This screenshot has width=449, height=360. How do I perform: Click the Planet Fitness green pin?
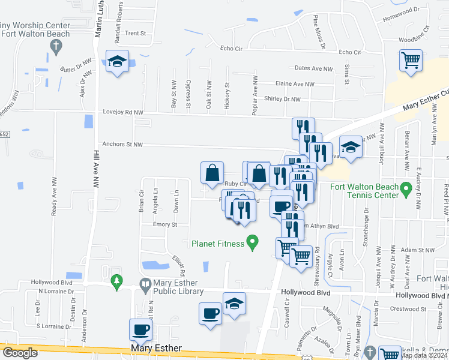pyautogui.click(x=253, y=243)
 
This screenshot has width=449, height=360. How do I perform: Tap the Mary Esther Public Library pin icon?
pyautogui.click(x=145, y=283)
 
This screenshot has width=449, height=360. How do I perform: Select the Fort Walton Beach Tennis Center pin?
pyautogui.click(x=406, y=190)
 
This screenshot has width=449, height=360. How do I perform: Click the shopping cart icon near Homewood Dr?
pyautogui.click(x=411, y=60)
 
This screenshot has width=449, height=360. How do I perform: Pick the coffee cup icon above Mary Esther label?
pyautogui.click(x=141, y=329)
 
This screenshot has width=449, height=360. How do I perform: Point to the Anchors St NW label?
pyautogui.click(x=122, y=144)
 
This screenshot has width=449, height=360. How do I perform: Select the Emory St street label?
pyautogui.click(x=165, y=225)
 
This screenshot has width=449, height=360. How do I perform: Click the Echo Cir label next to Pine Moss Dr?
pyautogui.click(x=349, y=53)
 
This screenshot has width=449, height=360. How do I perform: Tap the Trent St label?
pyautogui.click(x=136, y=34)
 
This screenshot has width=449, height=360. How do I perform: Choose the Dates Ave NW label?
pyautogui.click(x=313, y=69)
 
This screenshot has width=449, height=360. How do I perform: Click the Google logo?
pyautogui.click(x=20, y=353)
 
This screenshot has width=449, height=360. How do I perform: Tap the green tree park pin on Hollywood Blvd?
pyautogui.click(x=116, y=281)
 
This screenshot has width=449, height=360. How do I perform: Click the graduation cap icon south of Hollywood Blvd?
pyautogui.click(x=234, y=302)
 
